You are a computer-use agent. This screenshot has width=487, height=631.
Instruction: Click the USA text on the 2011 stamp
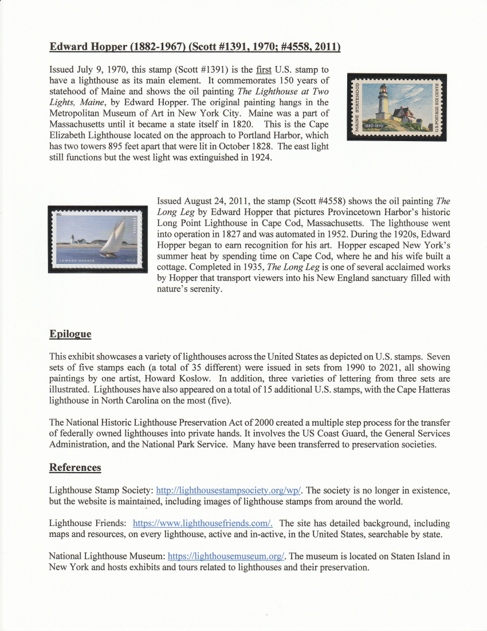(x=132, y=261)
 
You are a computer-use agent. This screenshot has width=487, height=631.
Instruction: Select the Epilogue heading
(x=70, y=334)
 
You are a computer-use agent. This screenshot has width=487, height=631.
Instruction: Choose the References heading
(x=75, y=468)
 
